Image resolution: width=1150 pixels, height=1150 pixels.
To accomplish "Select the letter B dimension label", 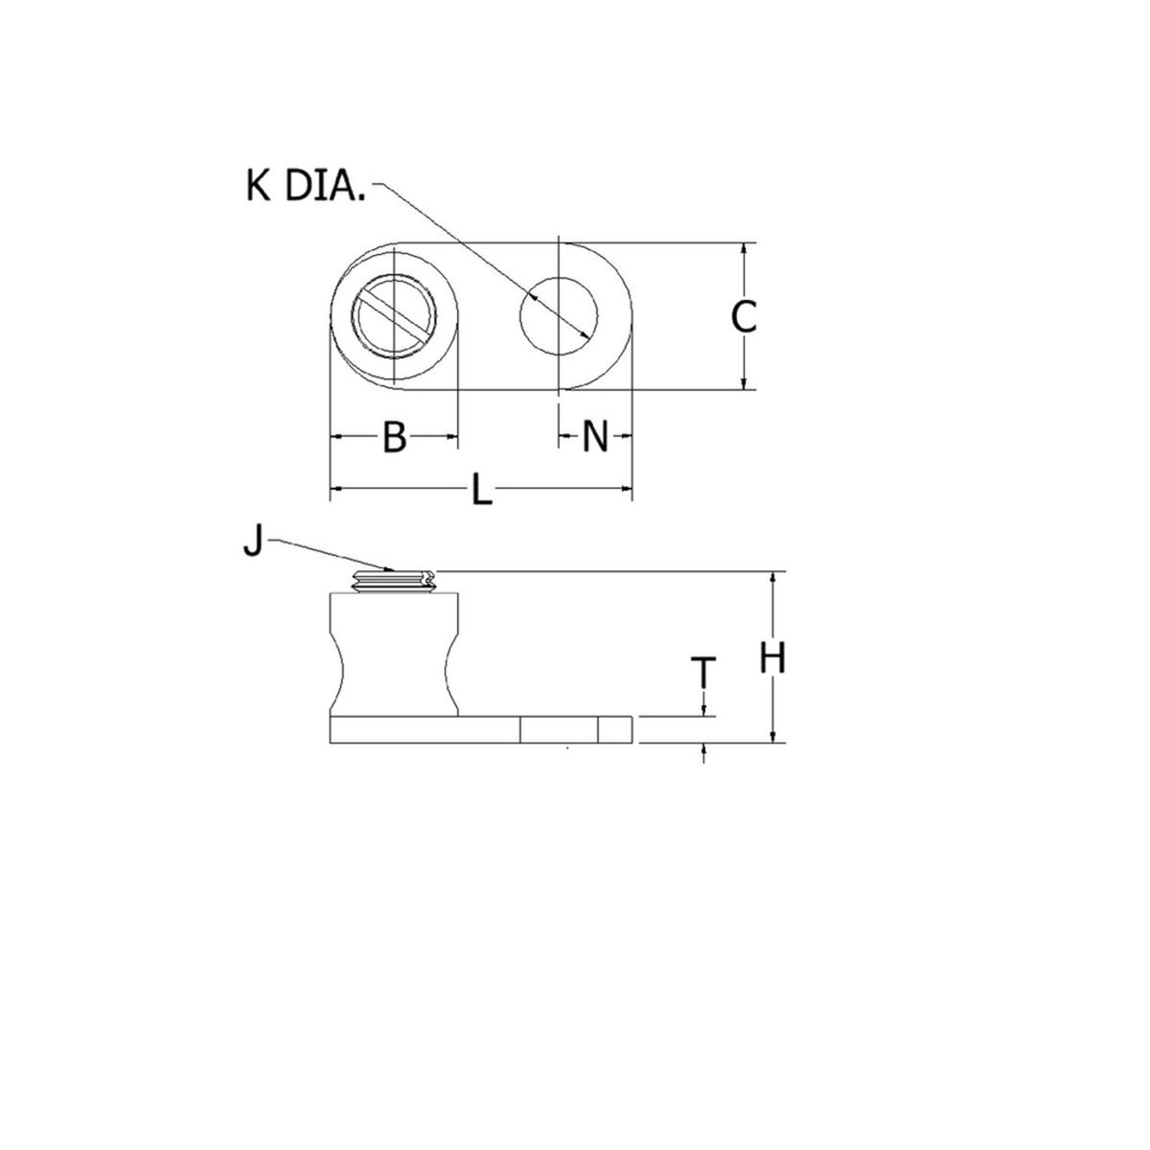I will [394, 437].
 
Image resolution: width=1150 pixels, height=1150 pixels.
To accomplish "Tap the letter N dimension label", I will [595, 437].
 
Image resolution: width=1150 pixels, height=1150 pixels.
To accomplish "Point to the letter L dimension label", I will [481, 492].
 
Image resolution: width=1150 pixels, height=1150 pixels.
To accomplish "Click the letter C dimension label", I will [744, 316].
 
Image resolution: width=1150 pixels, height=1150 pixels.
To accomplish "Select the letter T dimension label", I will [704, 673].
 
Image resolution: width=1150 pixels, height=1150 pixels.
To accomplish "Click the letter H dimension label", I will [772, 657].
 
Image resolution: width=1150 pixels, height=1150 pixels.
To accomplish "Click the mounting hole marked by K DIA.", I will [559, 315].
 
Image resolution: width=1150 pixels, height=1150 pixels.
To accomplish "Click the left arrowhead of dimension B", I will [336, 437].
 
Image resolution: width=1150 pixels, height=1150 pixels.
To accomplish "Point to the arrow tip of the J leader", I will [393, 570].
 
